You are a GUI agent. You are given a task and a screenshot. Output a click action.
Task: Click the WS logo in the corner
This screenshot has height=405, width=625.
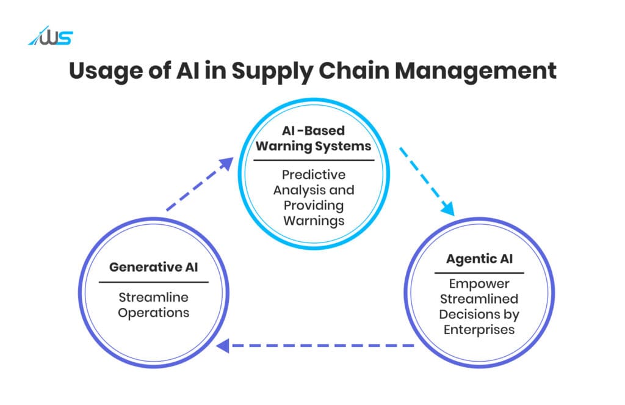pyautogui.click(x=51, y=36)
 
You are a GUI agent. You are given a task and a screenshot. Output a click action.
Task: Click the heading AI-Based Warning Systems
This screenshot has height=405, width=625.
pyautogui.click(x=314, y=139)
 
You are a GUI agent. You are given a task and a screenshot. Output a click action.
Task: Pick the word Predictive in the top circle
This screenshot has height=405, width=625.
pyautogui.click(x=314, y=175)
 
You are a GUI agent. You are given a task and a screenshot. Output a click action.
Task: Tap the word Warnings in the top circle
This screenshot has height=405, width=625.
pyautogui.click(x=314, y=221)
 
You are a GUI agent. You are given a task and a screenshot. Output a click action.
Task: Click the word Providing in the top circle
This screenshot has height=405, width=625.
pyautogui.click(x=314, y=206)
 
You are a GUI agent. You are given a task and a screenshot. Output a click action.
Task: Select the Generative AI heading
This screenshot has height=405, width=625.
pyautogui.click(x=153, y=267)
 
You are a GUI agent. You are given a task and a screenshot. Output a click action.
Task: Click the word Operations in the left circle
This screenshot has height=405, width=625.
pyautogui.click(x=153, y=313)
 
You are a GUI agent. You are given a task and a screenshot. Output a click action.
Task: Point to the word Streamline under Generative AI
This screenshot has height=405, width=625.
pyautogui.click(x=153, y=297)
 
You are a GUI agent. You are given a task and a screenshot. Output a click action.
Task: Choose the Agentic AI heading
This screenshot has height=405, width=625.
pyautogui.click(x=480, y=260)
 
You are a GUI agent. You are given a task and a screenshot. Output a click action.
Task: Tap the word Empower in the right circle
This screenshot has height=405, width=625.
pyautogui.click(x=479, y=283)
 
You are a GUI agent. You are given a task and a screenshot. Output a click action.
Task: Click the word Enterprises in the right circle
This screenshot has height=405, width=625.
pyautogui.click(x=479, y=330)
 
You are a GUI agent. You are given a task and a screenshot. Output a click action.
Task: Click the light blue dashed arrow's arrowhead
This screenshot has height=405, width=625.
pyautogui.click(x=448, y=209)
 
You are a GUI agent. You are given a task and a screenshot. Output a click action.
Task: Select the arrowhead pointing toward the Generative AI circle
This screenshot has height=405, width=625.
pyautogui.click(x=223, y=346)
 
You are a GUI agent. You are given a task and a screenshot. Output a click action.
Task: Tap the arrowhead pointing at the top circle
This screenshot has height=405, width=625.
pyautogui.click(x=227, y=164)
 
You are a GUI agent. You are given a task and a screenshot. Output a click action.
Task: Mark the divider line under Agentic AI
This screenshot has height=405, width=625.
pyautogui.click(x=479, y=273)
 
